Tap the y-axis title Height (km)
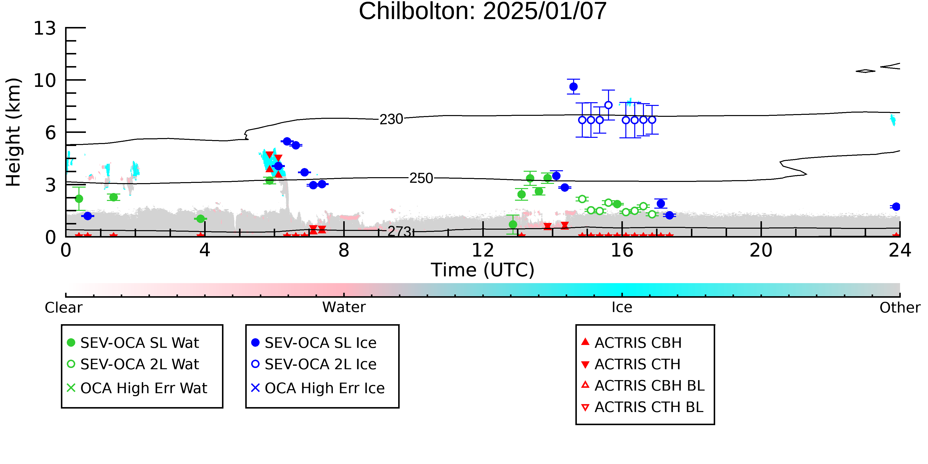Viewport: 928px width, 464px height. [x=14, y=132]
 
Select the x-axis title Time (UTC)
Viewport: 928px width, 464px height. [x=483, y=270]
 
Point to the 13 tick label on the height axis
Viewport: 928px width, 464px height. [x=45, y=28]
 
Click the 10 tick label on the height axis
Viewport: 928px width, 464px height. [x=45, y=80]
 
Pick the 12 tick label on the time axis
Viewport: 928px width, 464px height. [x=483, y=250]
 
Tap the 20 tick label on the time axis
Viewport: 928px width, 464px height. [x=761, y=250]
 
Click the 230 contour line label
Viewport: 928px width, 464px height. [x=391, y=119]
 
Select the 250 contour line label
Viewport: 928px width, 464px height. [x=421, y=178]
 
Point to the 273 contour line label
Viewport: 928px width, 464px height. [x=399, y=232]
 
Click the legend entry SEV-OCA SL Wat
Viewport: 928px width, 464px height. [x=133, y=342]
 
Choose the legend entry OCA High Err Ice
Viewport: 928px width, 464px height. [x=318, y=388]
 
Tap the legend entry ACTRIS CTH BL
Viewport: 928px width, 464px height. [x=642, y=407]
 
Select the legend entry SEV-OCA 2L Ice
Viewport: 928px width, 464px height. [x=314, y=364]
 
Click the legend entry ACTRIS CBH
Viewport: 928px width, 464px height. [x=632, y=342]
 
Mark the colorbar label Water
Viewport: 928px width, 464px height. [x=344, y=307]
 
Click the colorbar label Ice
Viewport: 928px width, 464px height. [x=622, y=307]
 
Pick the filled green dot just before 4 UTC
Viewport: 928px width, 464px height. [x=201, y=219]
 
